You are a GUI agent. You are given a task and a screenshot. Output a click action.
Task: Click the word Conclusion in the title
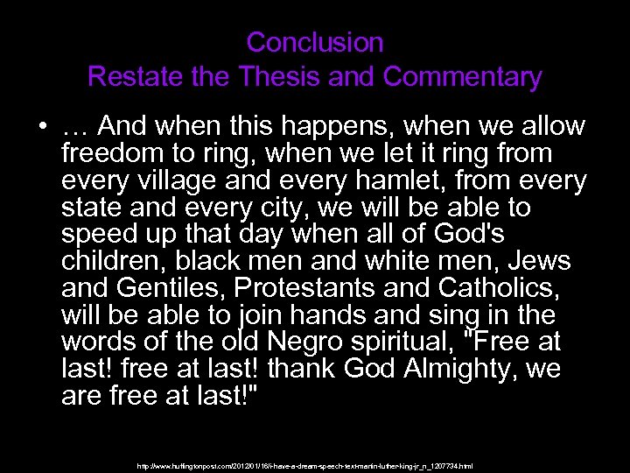pos(315,41)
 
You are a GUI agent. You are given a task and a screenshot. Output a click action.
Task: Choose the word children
pos(109,262)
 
